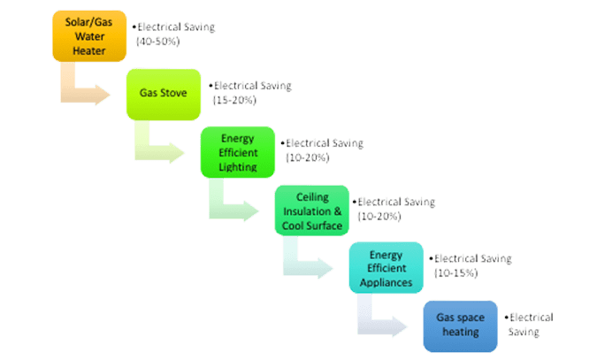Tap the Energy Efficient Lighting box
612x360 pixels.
238,151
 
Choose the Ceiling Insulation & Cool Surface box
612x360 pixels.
312,211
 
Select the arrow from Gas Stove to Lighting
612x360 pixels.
163,146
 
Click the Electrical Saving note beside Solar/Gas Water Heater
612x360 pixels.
172,34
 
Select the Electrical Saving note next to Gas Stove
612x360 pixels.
249,92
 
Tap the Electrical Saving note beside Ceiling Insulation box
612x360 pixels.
394,209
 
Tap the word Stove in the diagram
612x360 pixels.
174,91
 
